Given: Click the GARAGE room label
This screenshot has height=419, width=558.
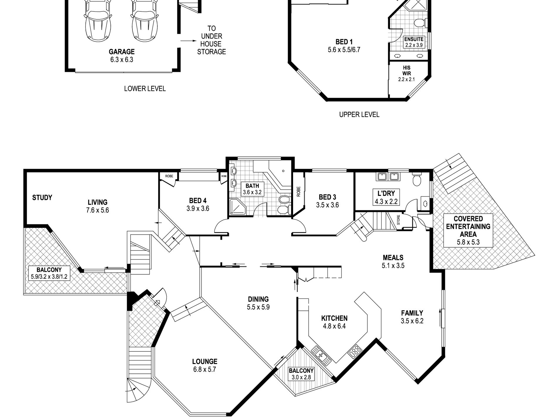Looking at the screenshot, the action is [x=122, y=52].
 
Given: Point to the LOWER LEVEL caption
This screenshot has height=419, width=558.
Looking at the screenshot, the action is [x=145, y=89].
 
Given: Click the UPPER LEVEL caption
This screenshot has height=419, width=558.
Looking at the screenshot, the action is [x=359, y=115].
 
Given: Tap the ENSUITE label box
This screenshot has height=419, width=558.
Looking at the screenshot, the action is [x=414, y=42].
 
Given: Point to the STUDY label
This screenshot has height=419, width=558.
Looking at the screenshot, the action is [x=42, y=198].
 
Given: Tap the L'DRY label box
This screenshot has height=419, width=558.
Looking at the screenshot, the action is [x=386, y=197].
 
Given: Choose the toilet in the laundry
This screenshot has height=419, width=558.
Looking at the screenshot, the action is [x=417, y=179].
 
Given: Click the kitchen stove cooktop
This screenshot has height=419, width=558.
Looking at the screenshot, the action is [x=355, y=351].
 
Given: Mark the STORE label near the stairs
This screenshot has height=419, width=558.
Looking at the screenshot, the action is [x=398, y=220].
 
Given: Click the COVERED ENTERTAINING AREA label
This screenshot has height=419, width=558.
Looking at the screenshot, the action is [x=468, y=226].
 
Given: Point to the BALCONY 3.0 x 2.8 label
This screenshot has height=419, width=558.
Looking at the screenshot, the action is [x=301, y=374].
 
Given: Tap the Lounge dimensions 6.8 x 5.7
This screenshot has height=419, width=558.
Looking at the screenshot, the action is [x=204, y=369].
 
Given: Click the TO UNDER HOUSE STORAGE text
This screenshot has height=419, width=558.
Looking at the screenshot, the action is [x=211, y=40].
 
